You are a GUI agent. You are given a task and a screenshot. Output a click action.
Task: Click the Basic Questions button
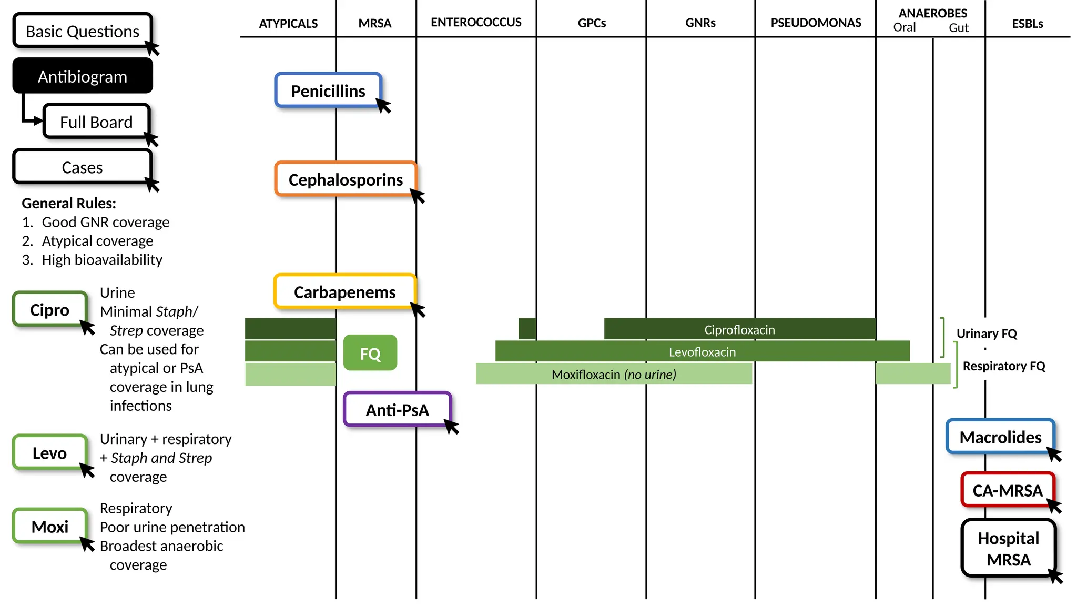point(83,31)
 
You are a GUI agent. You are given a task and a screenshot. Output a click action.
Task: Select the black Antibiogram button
point(83,76)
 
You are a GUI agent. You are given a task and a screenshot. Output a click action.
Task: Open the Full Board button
point(96,122)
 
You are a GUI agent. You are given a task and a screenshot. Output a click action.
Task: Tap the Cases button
point(83,167)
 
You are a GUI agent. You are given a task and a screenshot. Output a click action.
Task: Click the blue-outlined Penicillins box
point(328,90)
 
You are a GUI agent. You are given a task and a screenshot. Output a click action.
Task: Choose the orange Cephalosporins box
point(346,179)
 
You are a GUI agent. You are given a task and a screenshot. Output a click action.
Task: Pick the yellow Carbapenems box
point(344,291)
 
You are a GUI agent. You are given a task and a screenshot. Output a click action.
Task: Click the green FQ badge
point(370,353)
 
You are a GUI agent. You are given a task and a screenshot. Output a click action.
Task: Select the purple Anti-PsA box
point(397,409)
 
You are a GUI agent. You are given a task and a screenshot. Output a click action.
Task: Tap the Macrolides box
point(1000,437)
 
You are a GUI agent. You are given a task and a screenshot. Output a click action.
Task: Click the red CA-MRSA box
point(1007,490)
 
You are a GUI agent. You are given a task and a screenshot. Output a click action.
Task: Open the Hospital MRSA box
point(1008,548)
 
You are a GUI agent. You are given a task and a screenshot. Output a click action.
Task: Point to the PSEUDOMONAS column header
point(816,23)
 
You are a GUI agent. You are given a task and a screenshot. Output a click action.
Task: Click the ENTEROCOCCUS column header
point(476,22)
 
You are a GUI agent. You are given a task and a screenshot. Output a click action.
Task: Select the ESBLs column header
point(1027,24)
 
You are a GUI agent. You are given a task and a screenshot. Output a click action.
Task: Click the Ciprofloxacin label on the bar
point(739,329)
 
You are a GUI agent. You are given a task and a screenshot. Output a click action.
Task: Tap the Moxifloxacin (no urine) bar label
point(614,374)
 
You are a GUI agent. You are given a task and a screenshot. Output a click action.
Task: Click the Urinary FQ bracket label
point(987,333)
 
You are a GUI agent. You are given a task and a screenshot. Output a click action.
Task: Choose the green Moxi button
point(50,526)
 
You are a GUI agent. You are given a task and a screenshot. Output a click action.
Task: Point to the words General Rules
point(69,203)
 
